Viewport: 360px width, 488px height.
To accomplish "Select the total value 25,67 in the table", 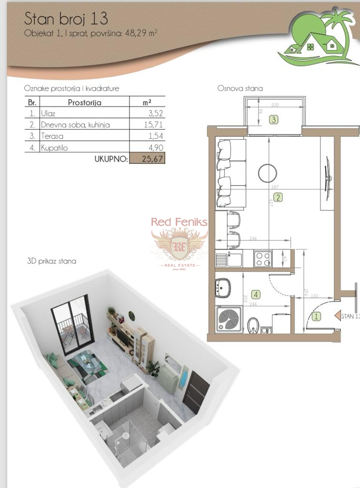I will point(147,158).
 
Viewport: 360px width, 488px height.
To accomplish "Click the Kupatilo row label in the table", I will point(54,148).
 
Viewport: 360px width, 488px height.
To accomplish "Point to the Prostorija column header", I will point(84,102).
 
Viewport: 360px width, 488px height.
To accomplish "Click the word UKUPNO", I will point(111,159).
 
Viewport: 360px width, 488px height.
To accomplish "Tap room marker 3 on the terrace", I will point(273,120).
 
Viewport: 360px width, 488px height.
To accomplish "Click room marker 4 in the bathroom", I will point(256,295).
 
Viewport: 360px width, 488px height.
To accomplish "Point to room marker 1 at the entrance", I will point(316,315).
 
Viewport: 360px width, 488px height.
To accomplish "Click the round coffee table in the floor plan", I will point(268,173).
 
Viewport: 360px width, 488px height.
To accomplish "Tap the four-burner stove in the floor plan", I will point(262,259).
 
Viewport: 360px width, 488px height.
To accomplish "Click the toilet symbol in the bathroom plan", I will point(253,325).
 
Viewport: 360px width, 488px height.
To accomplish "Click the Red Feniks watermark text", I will point(179,222).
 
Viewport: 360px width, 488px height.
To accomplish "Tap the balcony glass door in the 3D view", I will point(71,324).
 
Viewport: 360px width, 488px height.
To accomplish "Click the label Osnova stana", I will point(240,88).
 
